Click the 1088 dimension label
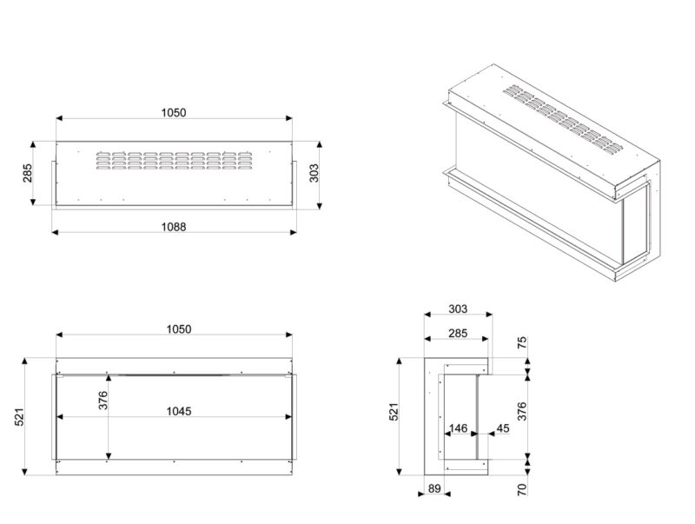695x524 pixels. [x=173, y=227]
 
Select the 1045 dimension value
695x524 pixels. [x=179, y=411]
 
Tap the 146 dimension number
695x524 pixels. [x=458, y=428]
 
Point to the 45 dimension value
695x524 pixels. [x=503, y=428]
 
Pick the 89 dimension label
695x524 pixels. [x=434, y=488]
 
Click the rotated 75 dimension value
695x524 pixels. [x=523, y=342]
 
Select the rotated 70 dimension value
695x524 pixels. [x=523, y=489]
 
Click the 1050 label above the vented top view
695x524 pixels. [x=173, y=113]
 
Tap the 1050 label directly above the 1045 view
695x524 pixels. [x=179, y=329]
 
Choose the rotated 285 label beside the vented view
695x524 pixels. [x=28, y=173]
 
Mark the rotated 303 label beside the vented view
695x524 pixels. [x=314, y=173]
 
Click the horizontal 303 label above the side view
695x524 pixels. [x=458, y=309]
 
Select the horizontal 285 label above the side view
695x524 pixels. [x=458, y=333]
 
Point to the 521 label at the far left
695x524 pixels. [x=19, y=417]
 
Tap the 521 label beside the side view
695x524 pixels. [x=394, y=411]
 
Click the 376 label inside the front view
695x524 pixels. [x=103, y=401]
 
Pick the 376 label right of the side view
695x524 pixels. [x=523, y=411]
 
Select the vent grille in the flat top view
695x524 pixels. [x=174, y=161]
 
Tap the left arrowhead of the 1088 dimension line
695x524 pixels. [x=55, y=232]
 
